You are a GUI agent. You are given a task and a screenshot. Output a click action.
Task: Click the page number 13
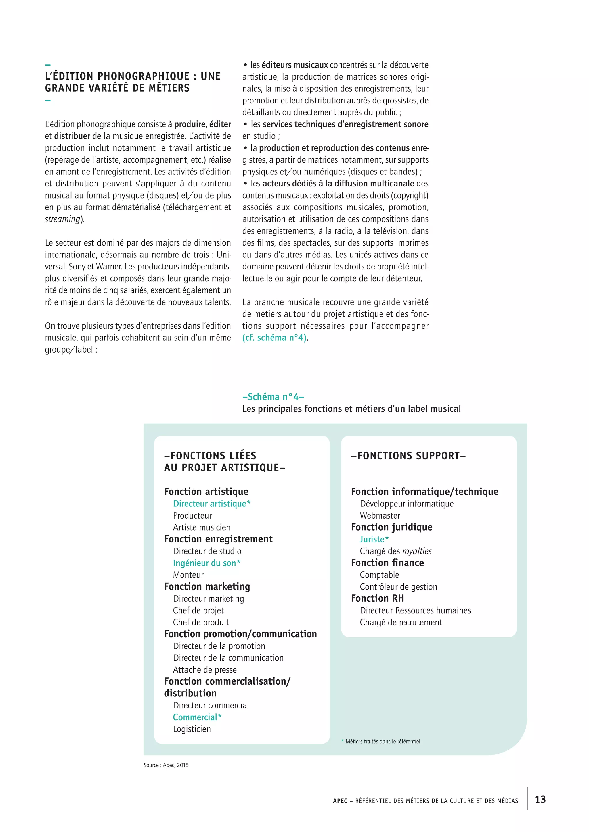pyautogui.click(x=540, y=799)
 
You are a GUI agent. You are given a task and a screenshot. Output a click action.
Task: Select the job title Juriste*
pyautogui.click(x=374, y=539)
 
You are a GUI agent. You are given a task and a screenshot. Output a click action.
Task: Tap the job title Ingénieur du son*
pyautogui.click(x=206, y=563)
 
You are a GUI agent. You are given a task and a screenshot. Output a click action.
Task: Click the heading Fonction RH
pyautogui.click(x=377, y=598)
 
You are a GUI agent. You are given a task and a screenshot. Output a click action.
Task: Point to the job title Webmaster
pyautogui.click(x=380, y=515)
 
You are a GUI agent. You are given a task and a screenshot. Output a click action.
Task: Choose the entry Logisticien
pyautogui.click(x=192, y=729)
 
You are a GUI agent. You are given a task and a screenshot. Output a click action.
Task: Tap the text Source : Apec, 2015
pyautogui.click(x=166, y=765)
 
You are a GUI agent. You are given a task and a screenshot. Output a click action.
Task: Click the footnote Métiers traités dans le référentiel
pyautogui.click(x=382, y=742)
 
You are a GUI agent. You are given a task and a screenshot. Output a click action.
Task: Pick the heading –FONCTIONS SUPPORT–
pyautogui.click(x=408, y=455)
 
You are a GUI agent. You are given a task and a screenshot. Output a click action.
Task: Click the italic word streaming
pyautogui.click(x=62, y=219)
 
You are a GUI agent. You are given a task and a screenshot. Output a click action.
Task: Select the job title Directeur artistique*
pyautogui.click(x=211, y=504)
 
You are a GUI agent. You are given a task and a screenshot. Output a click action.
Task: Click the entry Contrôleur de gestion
pyautogui.click(x=398, y=587)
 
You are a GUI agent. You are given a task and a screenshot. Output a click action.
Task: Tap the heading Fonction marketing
pyautogui.click(x=207, y=586)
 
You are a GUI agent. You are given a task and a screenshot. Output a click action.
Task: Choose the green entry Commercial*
pyautogui.click(x=197, y=717)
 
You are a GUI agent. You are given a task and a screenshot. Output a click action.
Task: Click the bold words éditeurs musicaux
pyautogui.click(x=294, y=65)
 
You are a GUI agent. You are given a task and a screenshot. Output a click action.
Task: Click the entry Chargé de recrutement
pyautogui.click(x=401, y=622)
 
